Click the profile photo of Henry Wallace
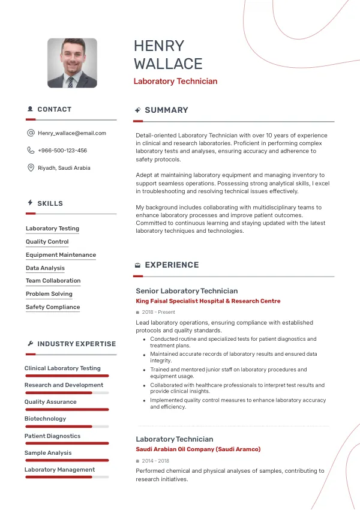click(x=72, y=63)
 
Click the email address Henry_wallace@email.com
click(x=71, y=133)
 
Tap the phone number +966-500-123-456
click(x=62, y=151)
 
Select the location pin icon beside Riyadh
click(x=31, y=168)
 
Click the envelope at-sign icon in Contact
click(x=31, y=133)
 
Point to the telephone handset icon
click(x=31, y=151)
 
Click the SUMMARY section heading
click(x=166, y=110)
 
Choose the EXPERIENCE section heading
click(x=172, y=265)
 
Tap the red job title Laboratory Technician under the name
click(x=175, y=82)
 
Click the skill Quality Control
click(x=47, y=242)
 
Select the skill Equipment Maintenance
click(x=61, y=255)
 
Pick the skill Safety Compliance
click(x=53, y=307)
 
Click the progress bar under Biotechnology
click(x=67, y=427)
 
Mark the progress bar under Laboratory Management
click(x=67, y=477)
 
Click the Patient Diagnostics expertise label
click(x=52, y=436)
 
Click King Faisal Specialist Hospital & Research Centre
click(x=208, y=301)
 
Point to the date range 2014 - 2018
click(x=155, y=461)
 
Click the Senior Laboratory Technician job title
click(x=187, y=291)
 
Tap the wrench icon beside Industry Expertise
click(x=31, y=344)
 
